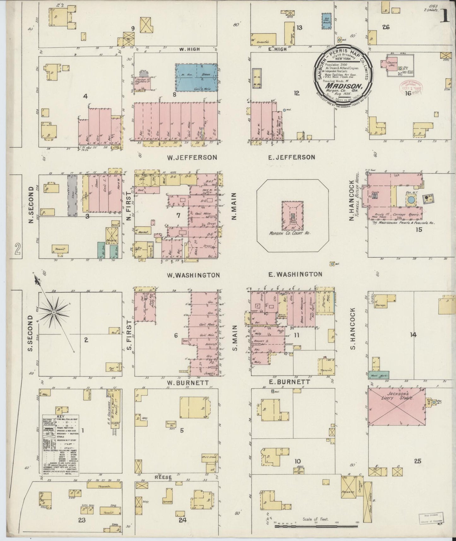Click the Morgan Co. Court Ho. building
click(293, 217)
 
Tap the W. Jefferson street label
click(194, 157)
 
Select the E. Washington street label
click(295, 274)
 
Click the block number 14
click(413, 335)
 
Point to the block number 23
click(82, 520)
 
